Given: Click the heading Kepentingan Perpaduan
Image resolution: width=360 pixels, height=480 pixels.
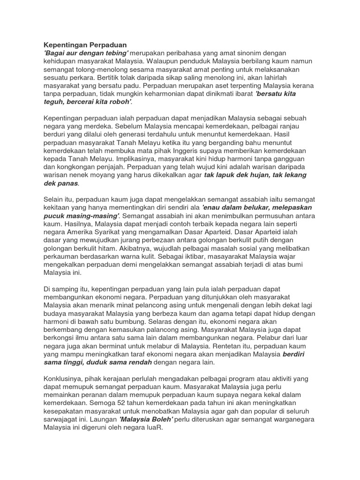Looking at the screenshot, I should [x=85, y=45].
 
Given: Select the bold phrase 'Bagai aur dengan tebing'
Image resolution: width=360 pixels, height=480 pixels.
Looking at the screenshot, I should [x=86, y=53].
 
